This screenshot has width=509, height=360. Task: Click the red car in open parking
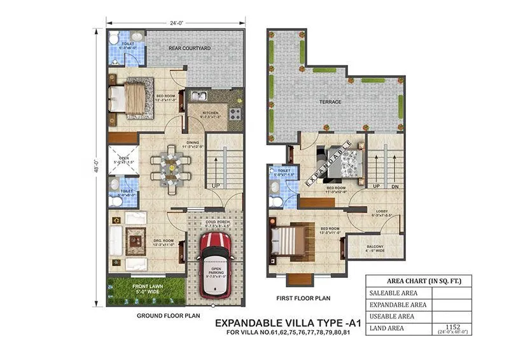pos(214,264)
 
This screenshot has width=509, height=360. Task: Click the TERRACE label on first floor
pos(330,102)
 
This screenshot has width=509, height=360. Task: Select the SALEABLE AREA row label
pos(393,293)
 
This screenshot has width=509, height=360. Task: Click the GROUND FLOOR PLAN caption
pos(161,315)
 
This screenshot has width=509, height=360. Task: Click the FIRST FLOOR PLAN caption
pos(304,298)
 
